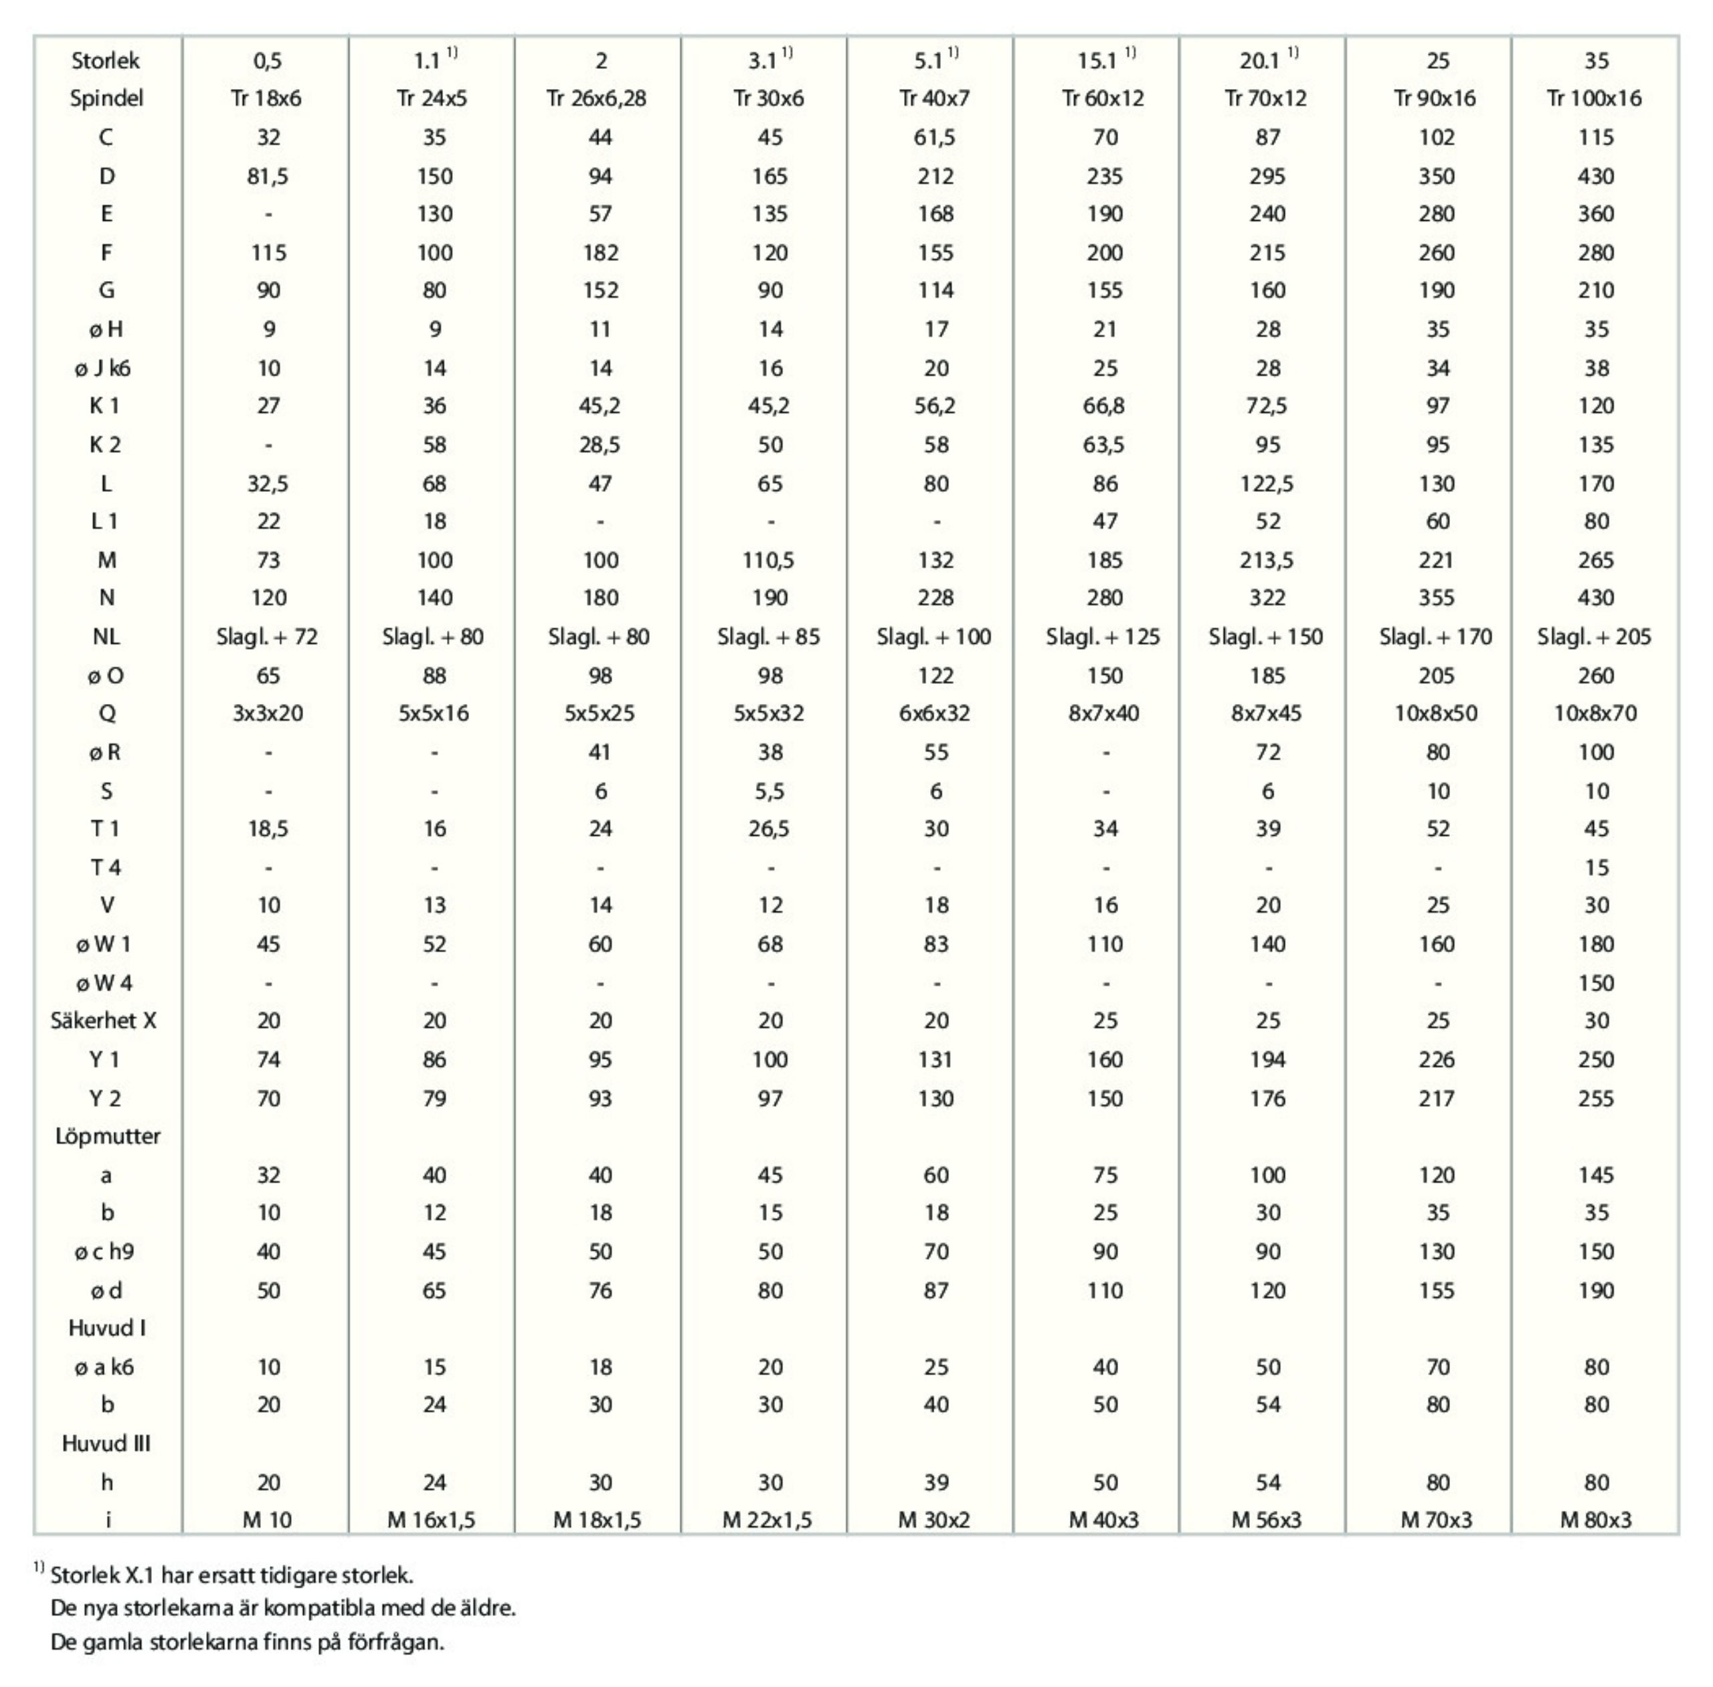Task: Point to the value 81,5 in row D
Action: point(268,176)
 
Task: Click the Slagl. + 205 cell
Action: point(1595,637)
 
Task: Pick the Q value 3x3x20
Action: point(268,713)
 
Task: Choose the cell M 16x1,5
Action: point(432,1520)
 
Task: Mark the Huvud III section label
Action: point(106,1443)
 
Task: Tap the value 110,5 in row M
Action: point(770,560)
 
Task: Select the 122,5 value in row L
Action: point(1267,484)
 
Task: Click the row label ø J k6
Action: point(103,367)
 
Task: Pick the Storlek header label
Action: point(106,60)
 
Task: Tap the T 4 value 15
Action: point(1596,867)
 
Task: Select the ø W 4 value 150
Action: point(1596,982)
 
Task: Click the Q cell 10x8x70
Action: point(1595,713)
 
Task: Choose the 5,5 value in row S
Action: point(770,791)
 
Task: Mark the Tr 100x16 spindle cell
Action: point(1595,98)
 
